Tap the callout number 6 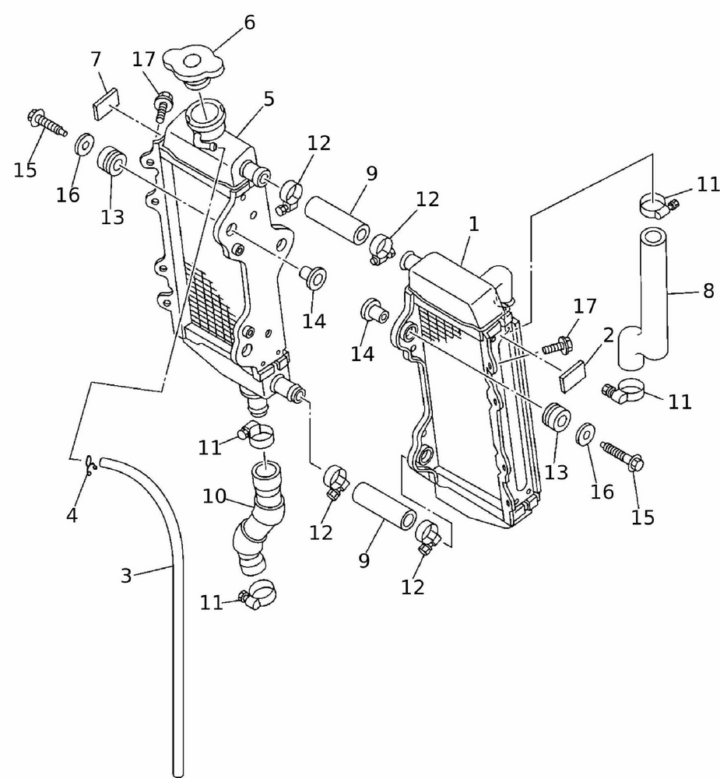(249, 23)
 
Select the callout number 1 (473, 225)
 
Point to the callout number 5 (269, 100)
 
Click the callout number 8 (708, 292)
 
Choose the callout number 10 (215, 495)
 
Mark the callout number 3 (126, 576)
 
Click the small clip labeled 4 (90, 466)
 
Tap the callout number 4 (72, 515)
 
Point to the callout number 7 (96, 59)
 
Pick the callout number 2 (609, 335)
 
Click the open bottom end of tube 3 (177, 773)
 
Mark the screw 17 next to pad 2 (562, 342)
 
